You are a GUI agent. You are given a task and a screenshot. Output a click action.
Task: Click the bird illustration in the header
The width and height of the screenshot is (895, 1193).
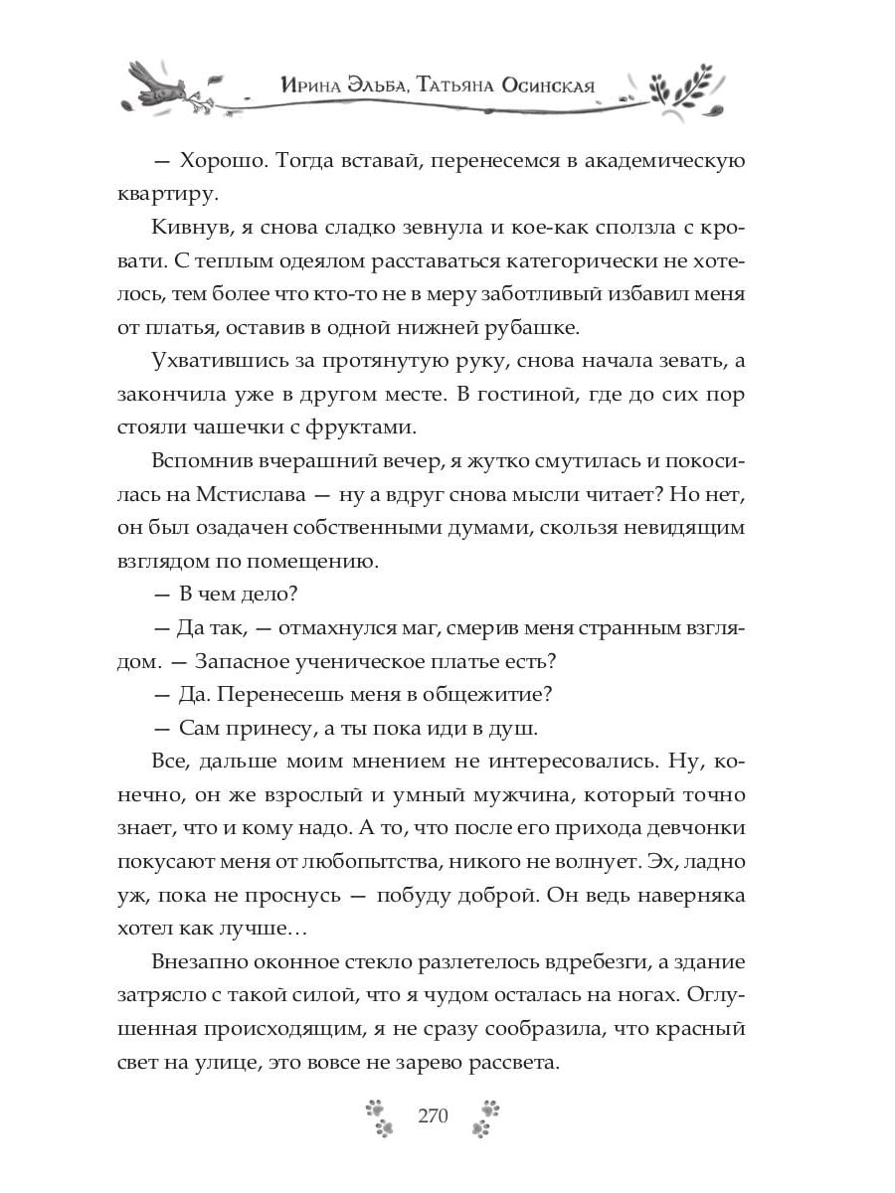[159, 85]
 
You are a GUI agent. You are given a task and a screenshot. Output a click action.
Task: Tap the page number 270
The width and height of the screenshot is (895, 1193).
[434, 1113]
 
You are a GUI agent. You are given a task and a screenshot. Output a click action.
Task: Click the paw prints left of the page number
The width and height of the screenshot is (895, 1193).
[379, 1115]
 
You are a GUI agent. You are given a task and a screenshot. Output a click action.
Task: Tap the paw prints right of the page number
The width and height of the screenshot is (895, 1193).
[486, 1115]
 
